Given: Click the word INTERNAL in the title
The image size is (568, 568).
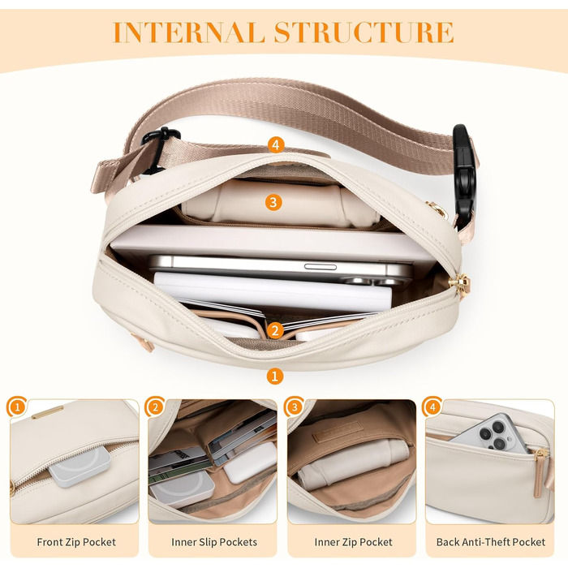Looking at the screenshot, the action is coord(189,32).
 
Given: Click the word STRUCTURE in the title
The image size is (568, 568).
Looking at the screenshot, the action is coord(364,32).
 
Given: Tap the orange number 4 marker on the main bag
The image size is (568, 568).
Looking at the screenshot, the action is coord(276,145).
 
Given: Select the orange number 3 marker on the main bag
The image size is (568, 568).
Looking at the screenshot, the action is coord(273,202).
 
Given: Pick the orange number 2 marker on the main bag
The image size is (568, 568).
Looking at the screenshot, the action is coord(275,330).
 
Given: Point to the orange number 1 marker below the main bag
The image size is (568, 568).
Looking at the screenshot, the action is coord(274,376).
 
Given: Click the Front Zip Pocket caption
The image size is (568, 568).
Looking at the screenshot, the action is coord(76,542).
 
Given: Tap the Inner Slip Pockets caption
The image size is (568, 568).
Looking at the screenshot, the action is coord(214,542).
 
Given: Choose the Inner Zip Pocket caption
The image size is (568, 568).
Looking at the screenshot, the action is coord(353,542).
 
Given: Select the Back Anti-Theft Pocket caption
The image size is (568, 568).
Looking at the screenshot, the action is coord(491,542).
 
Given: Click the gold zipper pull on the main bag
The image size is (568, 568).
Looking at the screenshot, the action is coord(460,283).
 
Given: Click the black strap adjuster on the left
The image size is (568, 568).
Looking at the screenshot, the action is coord(159,148).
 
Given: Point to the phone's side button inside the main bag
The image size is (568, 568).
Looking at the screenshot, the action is coord(321,267).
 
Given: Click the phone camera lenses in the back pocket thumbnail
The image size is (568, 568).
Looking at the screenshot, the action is coord(493,435).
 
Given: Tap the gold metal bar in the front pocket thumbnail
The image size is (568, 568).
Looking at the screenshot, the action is coord(47,412).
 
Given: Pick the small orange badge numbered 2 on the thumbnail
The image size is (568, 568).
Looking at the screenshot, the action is coord(155,407).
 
